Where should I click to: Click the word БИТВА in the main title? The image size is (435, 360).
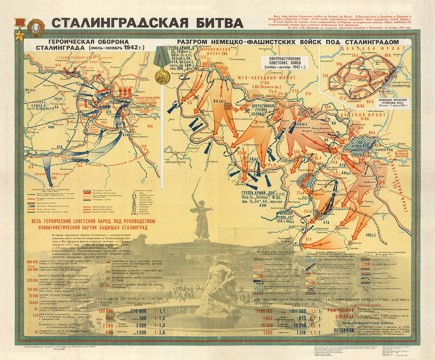click(x=217, y=23)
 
